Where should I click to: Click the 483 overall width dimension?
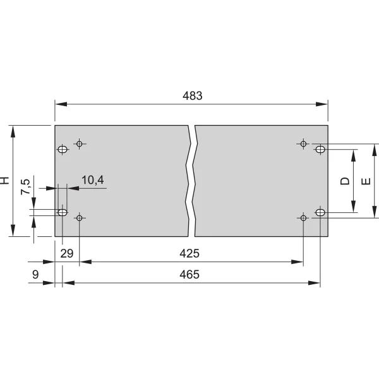[x=193, y=96]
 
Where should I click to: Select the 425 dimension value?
[x=189, y=253]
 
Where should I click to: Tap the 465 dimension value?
[x=189, y=275]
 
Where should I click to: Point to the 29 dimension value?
[x=67, y=253]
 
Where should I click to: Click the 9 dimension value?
[x=35, y=275]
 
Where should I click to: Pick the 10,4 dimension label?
[x=93, y=180]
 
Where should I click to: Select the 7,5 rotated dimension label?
[x=25, y=186]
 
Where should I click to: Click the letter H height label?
[x=4, y=180]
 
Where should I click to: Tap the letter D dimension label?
[x=345, y=181]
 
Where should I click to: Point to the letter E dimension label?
[x=366, y=181]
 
